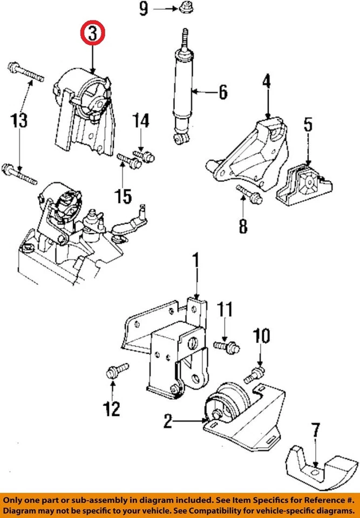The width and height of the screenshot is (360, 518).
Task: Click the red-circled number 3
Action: point(92,33)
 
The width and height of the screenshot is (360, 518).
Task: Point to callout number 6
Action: point(222,92)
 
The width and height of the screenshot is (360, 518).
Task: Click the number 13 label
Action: point(19,120)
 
